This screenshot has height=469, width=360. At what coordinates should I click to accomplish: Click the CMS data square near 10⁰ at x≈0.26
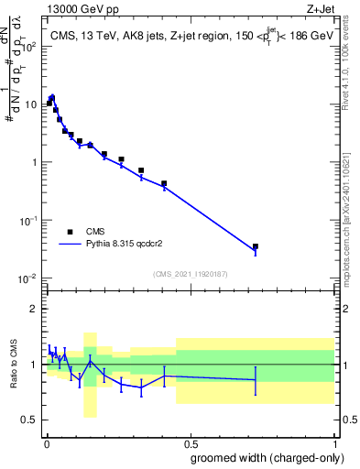(x=121, y=159)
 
